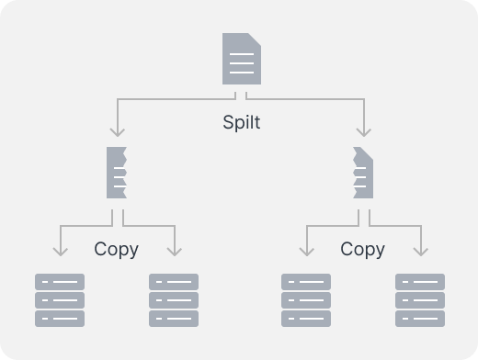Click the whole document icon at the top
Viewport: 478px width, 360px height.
(x=242, y=59)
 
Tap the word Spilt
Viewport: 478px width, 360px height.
(x=242, y=122)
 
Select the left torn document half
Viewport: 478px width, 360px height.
(x=117, y=173)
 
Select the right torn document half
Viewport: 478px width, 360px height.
(x=363, y=173)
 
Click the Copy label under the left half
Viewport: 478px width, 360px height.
(x=117, y=250)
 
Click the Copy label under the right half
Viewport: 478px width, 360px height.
(x=363, y=250)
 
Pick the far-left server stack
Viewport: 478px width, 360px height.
(x=60, y=300)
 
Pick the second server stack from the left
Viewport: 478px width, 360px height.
(x=174, y=300)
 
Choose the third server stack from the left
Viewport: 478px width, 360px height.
(x=306, y=300)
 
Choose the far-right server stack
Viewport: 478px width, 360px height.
(x=420, y=300)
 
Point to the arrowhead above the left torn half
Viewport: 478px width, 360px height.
(x=118, y=132)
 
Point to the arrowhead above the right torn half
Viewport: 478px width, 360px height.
(x=364, y=132)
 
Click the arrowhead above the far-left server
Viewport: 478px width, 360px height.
(x=61, y=252)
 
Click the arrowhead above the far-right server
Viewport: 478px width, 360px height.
(x=421, y=252)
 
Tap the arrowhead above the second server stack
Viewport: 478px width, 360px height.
(x=175, y=252)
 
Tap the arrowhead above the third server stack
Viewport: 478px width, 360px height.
(x=307, y=252)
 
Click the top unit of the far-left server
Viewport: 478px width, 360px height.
(x=60, y=282)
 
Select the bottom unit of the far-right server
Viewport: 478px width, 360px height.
(x=420, y=319)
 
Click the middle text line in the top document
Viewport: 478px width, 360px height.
(x=242, y=63)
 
